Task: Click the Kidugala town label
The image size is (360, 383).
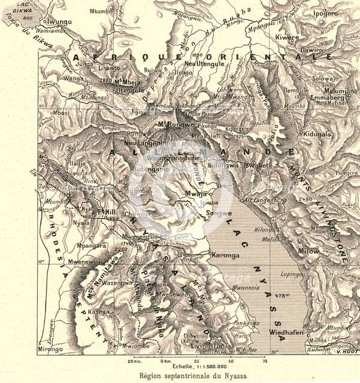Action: [317, 135]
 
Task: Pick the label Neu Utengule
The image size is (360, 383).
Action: [204, 63]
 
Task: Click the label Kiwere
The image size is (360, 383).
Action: [286, 37]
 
